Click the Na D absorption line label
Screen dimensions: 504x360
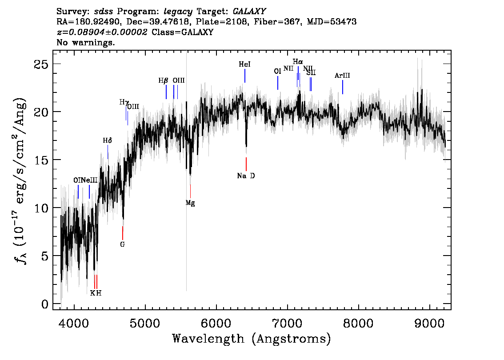tap(246, 176)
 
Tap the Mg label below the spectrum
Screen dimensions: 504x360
tap(190, 203)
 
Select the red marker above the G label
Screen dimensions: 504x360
tap(123, 233)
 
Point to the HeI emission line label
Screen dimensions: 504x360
tap(244, 64)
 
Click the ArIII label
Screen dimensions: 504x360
tap(342, 76)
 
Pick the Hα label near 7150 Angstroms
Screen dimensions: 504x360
tap(298, 61)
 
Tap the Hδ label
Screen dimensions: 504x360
tap(108, 140)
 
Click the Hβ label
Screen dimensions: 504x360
tap(163, 80)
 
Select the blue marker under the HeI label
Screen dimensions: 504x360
tap(245, 76)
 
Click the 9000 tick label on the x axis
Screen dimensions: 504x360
tap(429, 324)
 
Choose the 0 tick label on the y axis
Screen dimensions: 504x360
tap(45, 304)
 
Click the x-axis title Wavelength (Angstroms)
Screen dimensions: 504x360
tap(252, 339)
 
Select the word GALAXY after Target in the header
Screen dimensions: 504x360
tap(249, 12)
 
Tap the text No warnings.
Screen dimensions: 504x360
tap(85, 42)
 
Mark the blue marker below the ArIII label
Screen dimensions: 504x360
tap(343, 87)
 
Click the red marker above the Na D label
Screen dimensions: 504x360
tap(246, 164)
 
